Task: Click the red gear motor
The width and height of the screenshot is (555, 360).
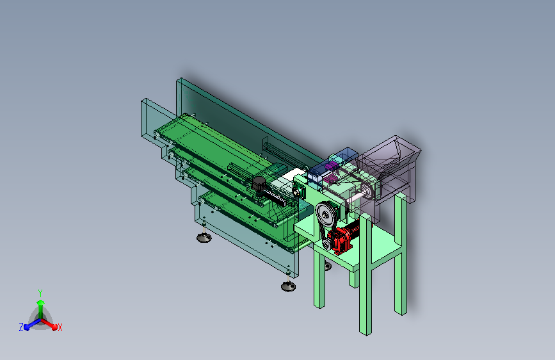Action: (343, 237)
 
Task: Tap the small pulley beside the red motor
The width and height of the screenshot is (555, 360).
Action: (326, 245)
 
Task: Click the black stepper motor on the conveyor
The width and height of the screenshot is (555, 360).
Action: (259, 184)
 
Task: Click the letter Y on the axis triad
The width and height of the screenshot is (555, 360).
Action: (40, 293)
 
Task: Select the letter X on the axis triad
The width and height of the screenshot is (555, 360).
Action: (60, 328)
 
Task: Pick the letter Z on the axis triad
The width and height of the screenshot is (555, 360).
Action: (21, 327)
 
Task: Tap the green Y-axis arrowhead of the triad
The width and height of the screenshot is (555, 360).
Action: (40, 302)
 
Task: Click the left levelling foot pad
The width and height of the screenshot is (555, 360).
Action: (204, 237)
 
